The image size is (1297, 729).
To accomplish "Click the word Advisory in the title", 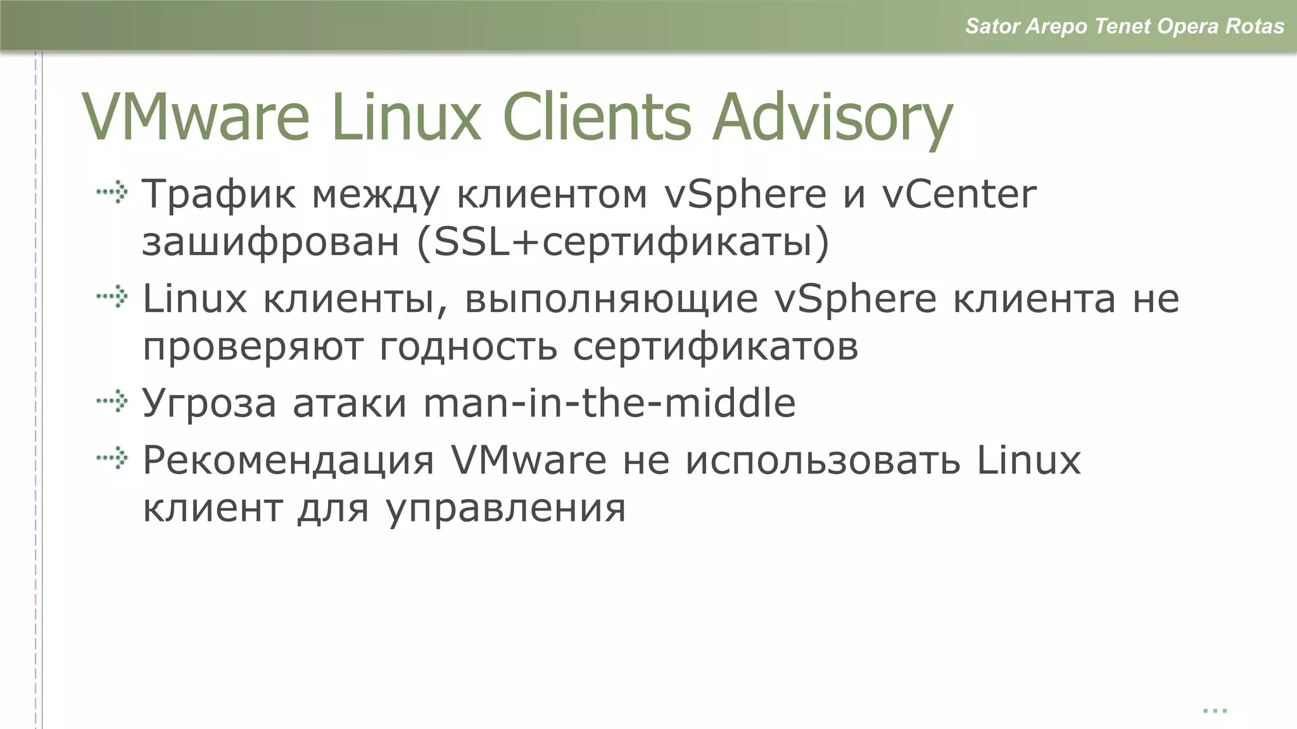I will click(x=832, y=118).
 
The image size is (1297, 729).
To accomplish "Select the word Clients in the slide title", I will click(x=597, y=117).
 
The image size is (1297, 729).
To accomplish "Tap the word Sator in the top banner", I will click(x=992, y=27).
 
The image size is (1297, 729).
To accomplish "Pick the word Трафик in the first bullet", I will click(x=218, y=194).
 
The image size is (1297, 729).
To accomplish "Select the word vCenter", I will click(x=959, y=194).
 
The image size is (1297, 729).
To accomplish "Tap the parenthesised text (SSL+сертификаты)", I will click(x=623, y=242).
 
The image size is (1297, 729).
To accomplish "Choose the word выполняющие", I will click(x=611, y=299).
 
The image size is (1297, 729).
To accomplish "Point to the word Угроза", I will click(x=209, y=403).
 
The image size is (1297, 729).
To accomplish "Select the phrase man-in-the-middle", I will click(x=609, y=402).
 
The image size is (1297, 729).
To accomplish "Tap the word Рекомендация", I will click(x=288, y=460).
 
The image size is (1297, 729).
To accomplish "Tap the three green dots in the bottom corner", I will click(x=1215, y=711).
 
